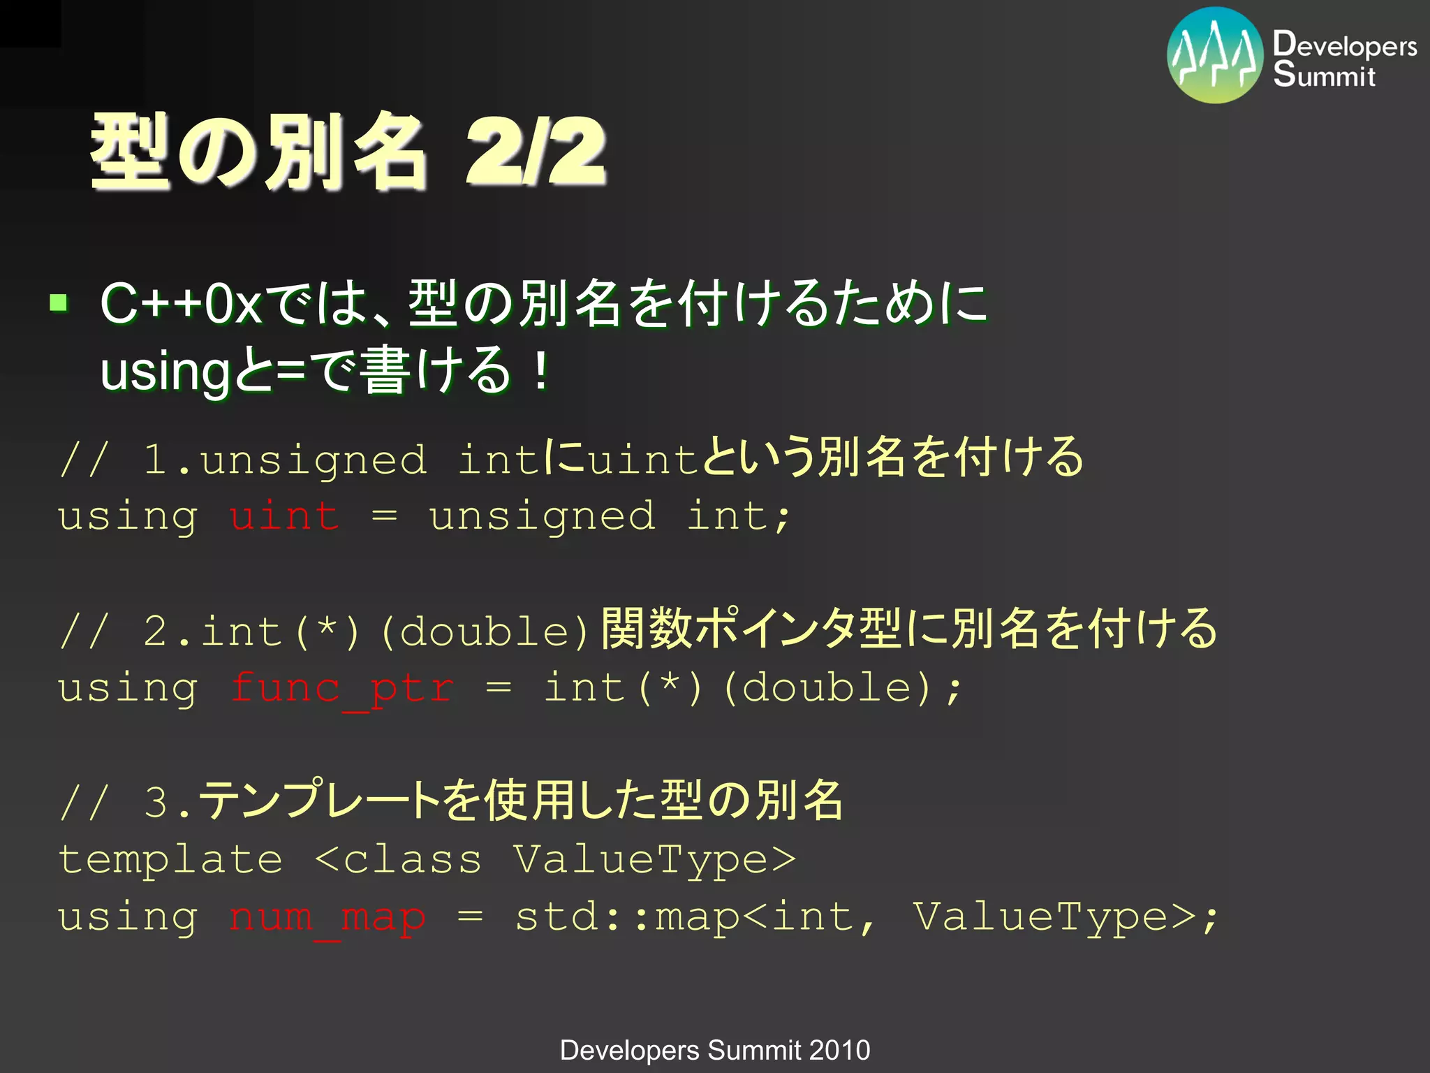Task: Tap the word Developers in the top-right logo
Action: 1345,45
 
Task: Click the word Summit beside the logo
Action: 1324,75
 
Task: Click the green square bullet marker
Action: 59,303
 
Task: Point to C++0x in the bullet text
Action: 181,304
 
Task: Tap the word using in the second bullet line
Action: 165,372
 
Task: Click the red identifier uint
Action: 284,517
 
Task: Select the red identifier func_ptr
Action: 342,689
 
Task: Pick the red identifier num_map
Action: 327,917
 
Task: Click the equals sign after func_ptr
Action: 499,687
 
